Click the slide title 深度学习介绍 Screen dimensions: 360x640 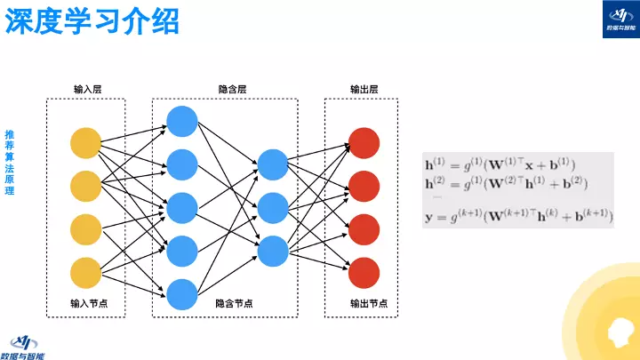tap(92, 21)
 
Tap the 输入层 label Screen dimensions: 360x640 tap(87, 89)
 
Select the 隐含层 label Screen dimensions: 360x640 tap(232, 89)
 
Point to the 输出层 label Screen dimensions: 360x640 tap(364, 89)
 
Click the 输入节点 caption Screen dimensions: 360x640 tap(87, 303)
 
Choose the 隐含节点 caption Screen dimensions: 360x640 tap(234, 303)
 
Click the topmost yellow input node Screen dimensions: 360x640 tap(86, 143)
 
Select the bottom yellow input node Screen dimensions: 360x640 tap(86, 272)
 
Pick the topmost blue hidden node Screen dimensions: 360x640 tap(181, 121)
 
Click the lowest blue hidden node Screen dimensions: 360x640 tap(181, 293)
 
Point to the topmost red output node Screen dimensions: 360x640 tap(364, 143)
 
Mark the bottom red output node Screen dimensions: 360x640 tap(364, 272)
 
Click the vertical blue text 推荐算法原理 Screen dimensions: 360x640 tap(10, 165)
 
